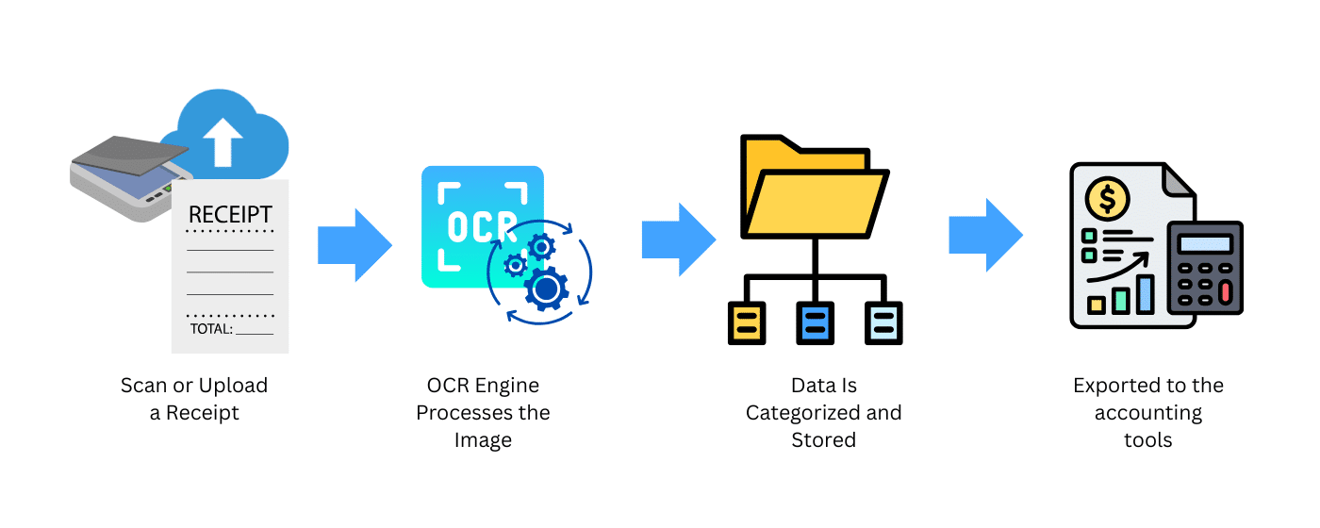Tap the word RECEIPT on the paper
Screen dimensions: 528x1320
[x=230, y=214]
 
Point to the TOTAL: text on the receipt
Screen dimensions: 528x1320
[x=210, y=329]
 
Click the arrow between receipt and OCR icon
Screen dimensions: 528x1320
[x=354, y=244]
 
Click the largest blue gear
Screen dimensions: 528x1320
[x=544, y=289]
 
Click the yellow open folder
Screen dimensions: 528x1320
[x=813, y=188]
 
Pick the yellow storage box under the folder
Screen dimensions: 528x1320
[x=747, y=322]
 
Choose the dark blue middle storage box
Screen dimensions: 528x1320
[x=815, y=322]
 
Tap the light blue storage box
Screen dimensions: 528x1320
[x=883, y=322]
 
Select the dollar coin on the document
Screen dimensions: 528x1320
[x=1107, y=199]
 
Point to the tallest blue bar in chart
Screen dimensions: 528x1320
[x=1146, y=293]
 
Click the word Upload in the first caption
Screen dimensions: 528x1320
[x=236, y=386]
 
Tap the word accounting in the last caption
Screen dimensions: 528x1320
[x=1147, y=413]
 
